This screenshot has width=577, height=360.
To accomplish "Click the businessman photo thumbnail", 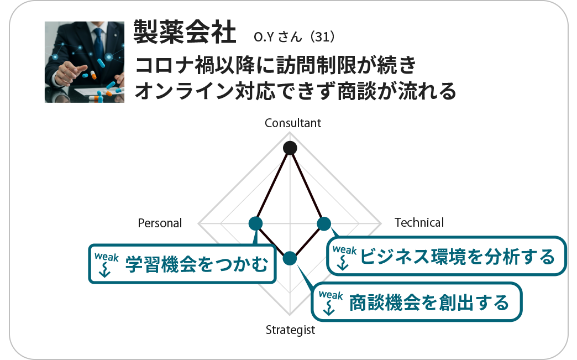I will click(x=85, y=62).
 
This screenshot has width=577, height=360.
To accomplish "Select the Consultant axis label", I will click(x=293, y=123).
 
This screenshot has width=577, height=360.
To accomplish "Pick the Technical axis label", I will click(x=419, y=222).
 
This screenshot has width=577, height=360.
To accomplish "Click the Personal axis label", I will click(x=160, y=223).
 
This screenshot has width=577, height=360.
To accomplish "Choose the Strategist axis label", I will click(x=290, y=330).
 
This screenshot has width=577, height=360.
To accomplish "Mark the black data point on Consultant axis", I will click(x=290, y=148).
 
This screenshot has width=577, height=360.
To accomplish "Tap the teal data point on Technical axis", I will click(x=324, y=223).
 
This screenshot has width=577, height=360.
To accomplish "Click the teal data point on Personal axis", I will click(x=255, y=223).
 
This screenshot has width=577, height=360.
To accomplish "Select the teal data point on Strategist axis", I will click(x=290, y=258).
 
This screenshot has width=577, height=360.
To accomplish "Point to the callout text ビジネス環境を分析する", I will click(x=457, y=257).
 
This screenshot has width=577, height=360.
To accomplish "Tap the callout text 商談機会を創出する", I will click(x=429, y=302).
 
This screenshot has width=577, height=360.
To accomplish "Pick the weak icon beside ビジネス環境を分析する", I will click(x=344, y=256).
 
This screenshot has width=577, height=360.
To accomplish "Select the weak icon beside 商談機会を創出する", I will click(x=331, y=302).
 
